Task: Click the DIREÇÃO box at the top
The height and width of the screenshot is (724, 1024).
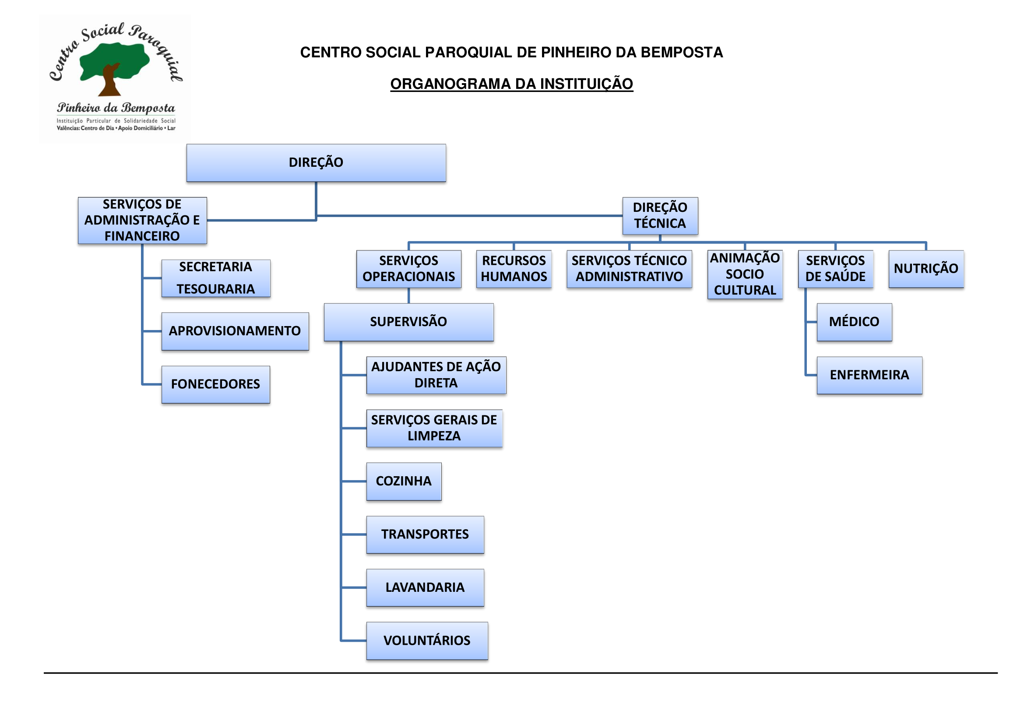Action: [316, 163]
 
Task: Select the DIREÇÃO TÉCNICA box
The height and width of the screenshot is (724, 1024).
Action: [660, 216]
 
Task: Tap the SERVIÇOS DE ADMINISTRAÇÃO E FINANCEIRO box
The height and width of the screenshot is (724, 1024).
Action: [142, 220]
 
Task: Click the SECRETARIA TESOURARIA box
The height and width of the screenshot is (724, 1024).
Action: [215, 278]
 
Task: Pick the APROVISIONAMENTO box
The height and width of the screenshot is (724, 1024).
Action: [235, 331]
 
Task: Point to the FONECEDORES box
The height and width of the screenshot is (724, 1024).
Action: [215, 384]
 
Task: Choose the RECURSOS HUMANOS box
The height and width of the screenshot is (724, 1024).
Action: [514, 269]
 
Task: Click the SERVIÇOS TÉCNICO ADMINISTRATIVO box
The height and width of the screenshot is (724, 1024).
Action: [629, 269]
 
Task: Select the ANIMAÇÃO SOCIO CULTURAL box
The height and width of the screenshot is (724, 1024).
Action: [744, 274]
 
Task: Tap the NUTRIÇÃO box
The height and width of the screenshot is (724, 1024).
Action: [926, 269]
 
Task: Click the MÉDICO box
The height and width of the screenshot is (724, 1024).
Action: [854, 322]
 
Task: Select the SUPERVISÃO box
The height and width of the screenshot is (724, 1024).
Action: [408, 322]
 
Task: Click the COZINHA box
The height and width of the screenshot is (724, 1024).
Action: [404, 481]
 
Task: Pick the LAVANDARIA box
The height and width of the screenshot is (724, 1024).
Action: [425, 587]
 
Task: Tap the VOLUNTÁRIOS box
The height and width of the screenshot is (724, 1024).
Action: [427, 641]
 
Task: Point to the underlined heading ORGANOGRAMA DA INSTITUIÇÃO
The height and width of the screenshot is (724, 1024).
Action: [511, 84]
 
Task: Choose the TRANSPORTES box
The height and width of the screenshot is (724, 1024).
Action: [425, 534]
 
